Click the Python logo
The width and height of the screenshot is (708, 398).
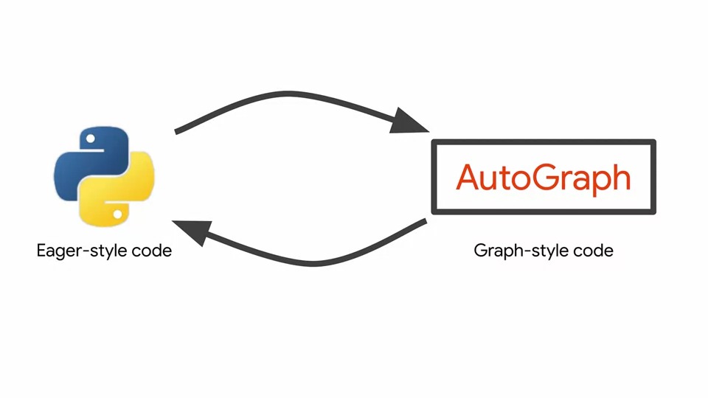click(104, 176)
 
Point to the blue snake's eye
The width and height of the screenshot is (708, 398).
click(90, 138)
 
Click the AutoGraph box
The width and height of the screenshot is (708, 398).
click(543, 178)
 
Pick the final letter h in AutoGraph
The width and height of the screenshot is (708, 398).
click(621, 178)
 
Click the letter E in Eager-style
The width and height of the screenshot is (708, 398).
click(41, 251)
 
